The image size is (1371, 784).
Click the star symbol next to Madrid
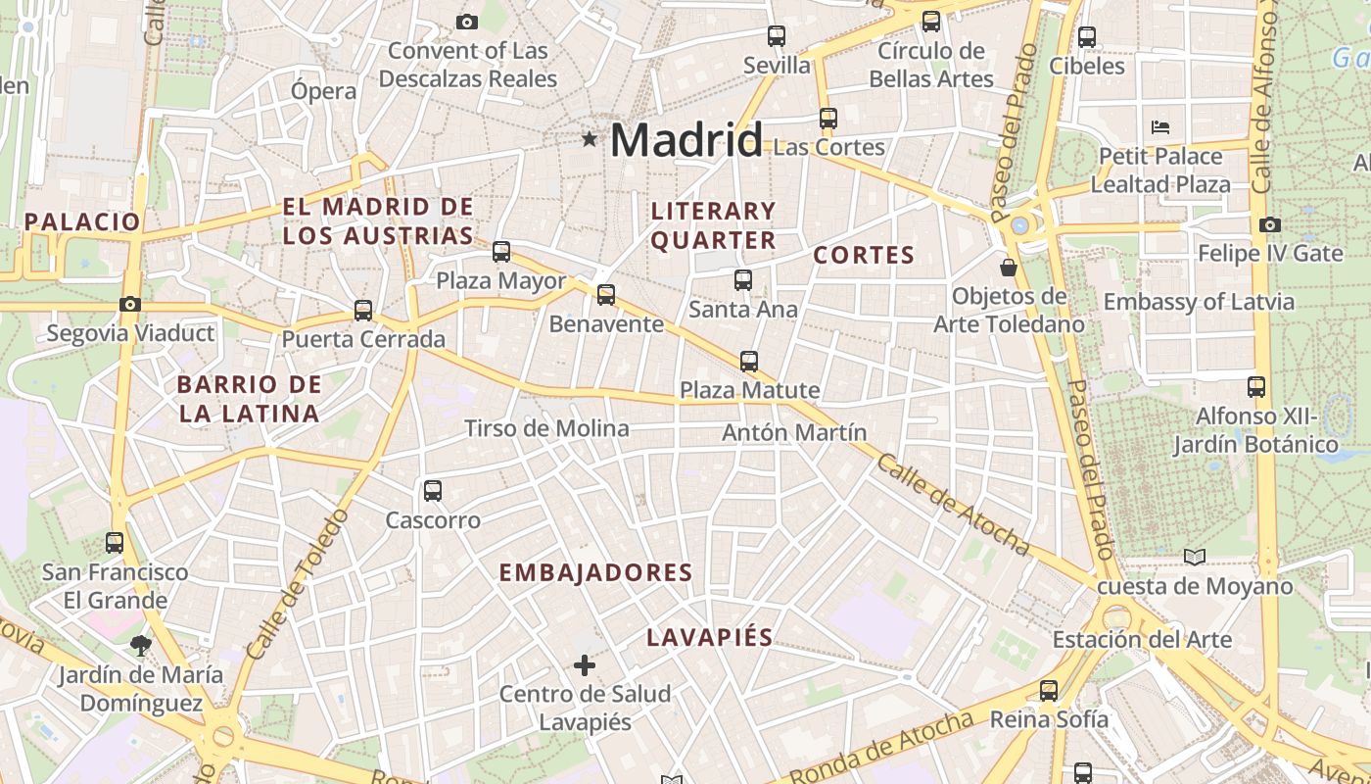pyautogui.click(x=589, y=139)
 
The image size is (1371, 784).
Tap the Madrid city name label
pyautogui.click(x=685, y=140)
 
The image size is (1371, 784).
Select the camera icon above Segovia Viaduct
pyautogui.click(x=130, y=304)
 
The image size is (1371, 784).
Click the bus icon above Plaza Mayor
pyautogui.click(x=501, y=252)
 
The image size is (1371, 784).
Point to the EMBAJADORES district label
pyautogui.click(x=595, y=573)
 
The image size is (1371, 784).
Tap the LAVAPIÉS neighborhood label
pyautogui.click(x=709, y=638)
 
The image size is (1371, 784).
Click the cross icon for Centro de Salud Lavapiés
pyautogui.click(x=585, y=666)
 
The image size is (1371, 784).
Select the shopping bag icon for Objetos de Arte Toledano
pyautogui.click(x=1008, y=267)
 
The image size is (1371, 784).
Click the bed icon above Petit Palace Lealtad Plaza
pyautogui.click(x=1160, y=127)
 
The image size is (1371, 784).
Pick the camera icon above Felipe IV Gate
pyautogui.click(x=1270, y=224)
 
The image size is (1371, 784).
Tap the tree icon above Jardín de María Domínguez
pyautogui.click(x=140, y=645)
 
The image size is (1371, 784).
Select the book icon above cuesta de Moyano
pyautogui.click(x=1194, y=558)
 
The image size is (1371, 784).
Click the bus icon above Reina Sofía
pyautogui.click(x=1049, y=690)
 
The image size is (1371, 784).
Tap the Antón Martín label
pyautogui.click(x=794, y=432)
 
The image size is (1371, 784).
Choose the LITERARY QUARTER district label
pyautogui.click(x=713, y=225)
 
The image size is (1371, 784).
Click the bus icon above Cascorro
pyautogui.click(x=432, y=491)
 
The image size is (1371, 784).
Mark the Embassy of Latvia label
pyautogui.click(x=1199, y=302)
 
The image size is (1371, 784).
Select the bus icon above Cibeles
pyautogui.click(x=1087, y=37)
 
